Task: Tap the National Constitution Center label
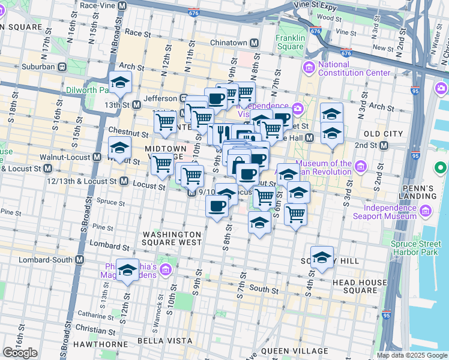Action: click(354, 68)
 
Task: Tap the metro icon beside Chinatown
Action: click(254, 43)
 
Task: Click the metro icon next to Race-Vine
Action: click(122, 5)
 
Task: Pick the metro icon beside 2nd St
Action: click(383, 145)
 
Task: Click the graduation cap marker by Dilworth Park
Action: click(121, 82)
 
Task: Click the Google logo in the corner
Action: click(20, 353)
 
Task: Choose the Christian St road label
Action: click(92, 329)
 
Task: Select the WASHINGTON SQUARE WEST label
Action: click(172, 238)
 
